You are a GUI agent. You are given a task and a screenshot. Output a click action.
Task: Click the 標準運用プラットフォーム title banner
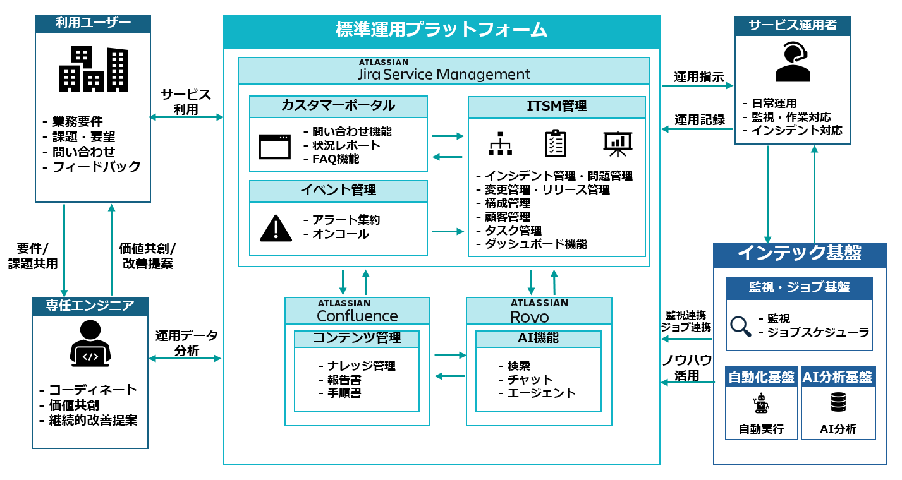point(441,30)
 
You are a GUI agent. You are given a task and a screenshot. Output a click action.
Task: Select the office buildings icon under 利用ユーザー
point(93,69)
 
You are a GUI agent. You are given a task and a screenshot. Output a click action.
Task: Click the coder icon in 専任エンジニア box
point(90,344)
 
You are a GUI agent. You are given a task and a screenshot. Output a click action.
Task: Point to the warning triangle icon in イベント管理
point(276,228)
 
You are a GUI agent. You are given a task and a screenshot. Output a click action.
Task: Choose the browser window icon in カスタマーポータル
point(275,147)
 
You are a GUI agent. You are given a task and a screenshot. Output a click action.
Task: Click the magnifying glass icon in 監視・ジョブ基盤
point(740,326)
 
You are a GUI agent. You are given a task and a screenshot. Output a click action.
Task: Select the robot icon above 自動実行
point(760,402)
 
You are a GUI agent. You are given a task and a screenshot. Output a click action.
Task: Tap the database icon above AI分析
point(838,402)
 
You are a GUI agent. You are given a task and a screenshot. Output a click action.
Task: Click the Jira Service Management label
point(443,74)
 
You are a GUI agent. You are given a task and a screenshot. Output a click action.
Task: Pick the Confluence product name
point(357,315)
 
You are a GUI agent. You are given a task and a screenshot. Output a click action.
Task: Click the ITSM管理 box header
point(556,106)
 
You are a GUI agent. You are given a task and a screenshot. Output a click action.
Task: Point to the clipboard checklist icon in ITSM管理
point(556,144)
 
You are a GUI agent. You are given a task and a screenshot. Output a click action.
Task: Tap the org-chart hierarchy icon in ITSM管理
point(500,145)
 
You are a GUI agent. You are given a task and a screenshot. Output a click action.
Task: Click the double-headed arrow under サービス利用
point(186,117)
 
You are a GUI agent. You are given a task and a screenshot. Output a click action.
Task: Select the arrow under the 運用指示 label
point(697,85)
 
